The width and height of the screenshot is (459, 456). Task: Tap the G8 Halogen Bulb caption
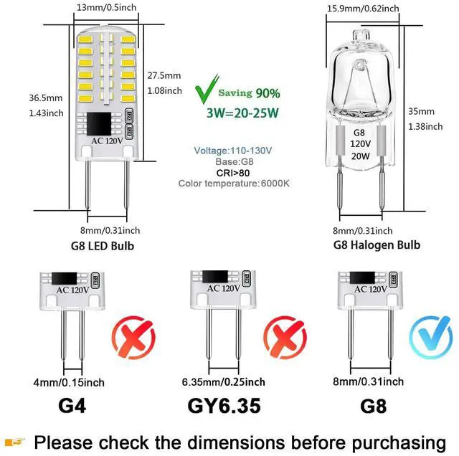click(377, 245)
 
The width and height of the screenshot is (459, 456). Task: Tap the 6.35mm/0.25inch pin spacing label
click(224, 382)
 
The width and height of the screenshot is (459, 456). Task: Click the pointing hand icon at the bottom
click(16, 441)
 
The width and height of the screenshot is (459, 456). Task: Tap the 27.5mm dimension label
click(165, 75)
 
